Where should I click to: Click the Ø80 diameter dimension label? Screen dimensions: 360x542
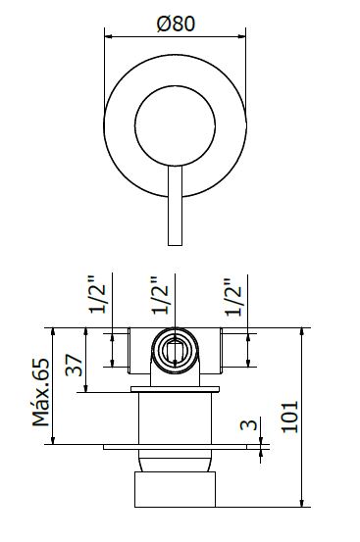click(176, 24)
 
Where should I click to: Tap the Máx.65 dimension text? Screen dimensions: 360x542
click(41, 392)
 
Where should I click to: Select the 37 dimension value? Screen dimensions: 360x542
click(75, 365)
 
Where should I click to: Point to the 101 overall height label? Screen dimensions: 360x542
click(289, 417)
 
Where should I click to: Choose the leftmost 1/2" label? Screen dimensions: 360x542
click(97, 294)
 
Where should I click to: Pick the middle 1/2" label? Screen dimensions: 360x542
click(161, 295)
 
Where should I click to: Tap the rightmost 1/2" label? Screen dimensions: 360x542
click(233, 297)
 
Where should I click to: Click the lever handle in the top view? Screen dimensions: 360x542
click(175, 206)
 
